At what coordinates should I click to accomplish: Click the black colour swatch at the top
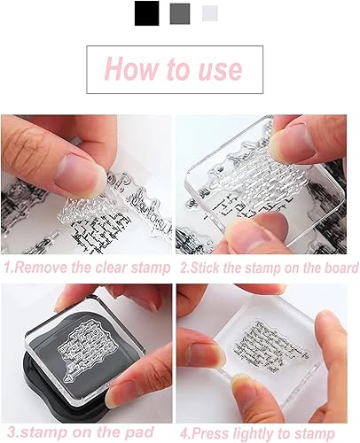(146, 13)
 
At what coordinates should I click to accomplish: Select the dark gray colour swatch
(180, 13)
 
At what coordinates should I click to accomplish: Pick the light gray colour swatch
(210, 13)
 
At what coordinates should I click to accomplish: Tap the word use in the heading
(220, 70)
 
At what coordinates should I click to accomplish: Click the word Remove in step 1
(41, 268)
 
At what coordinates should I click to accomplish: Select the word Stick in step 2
(206, 268)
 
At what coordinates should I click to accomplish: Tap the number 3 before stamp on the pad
(12, 432)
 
